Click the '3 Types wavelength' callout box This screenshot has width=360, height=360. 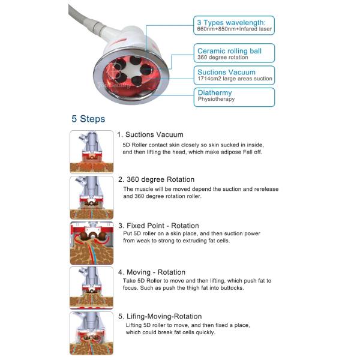(x=235, y=25)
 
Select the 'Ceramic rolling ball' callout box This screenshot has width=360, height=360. (x=235, y=54)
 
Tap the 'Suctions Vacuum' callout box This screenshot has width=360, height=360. (x=235, y=75)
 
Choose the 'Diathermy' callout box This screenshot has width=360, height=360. (x=235, y=96)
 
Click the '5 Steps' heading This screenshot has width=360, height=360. (x=88, y=119)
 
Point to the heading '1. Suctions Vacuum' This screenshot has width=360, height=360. (x=151, y=134)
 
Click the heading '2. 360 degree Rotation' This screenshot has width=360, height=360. (x=156, y=179)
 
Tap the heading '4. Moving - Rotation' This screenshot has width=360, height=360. (x=152, y=272)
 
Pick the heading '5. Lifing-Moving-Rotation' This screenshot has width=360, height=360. (x=160, y=316)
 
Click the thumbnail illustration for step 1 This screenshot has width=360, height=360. (x=92, y=152)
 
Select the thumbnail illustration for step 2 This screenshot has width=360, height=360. (x=92, y=197)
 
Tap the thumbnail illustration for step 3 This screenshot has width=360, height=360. (x=92, y=243)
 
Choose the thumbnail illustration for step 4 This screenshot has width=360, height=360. (x=92, y=289)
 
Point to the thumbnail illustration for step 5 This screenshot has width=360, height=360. (x=92, y=334)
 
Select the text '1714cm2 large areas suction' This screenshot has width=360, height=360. (x=235, y=79)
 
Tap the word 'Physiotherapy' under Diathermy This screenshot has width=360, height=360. (x=217, y=99)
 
